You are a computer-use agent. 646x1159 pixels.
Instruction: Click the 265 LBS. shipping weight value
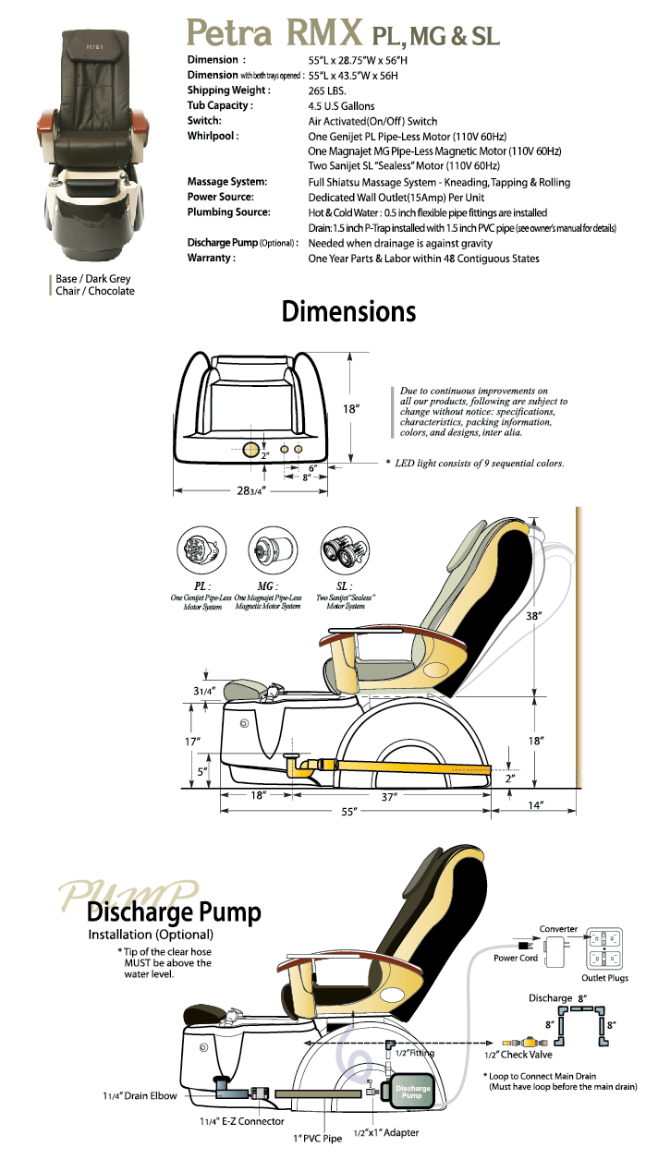click(327, 91)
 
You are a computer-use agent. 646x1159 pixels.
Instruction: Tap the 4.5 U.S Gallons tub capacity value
click(341, 106)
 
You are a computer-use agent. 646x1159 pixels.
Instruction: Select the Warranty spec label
click(212, 258)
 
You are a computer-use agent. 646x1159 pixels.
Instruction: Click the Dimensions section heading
click(348, 311)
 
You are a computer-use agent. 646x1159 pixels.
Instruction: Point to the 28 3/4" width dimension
click(251, 490)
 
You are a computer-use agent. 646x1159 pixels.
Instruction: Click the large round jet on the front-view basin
click(251, 449)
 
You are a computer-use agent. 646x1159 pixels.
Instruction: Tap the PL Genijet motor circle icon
click(201, 550)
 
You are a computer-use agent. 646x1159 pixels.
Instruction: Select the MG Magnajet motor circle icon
click(273, 550)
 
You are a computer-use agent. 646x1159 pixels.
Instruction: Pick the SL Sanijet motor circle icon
click(345, 550)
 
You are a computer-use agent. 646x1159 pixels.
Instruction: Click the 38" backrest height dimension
click(533, 616)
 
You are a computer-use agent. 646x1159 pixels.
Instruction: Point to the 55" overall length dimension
click(349, 811)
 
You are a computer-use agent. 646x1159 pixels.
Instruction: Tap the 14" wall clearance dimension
click(535, 805)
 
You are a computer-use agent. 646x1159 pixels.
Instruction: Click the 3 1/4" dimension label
click(204, 692)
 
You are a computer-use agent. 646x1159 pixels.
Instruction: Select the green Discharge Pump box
click(412, 1092)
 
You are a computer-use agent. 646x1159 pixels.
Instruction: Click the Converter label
click(558, 929)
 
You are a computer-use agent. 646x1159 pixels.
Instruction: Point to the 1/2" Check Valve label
click(518, 1055)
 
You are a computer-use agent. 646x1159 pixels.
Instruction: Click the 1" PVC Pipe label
click(317, 1139)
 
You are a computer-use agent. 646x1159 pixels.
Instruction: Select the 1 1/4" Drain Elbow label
click(140, 1096)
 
